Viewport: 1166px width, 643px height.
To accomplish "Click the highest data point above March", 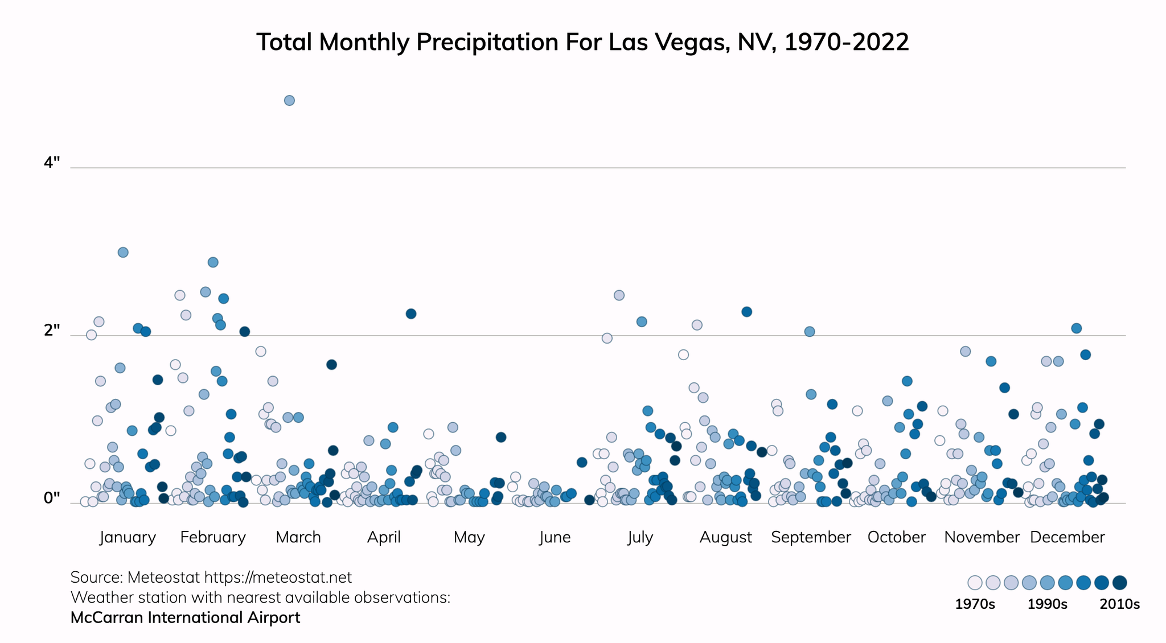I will [x=289, y=101].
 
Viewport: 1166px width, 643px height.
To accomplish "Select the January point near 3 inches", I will [x=123, y=252].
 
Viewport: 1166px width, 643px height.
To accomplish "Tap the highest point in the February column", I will [x=213, y=262].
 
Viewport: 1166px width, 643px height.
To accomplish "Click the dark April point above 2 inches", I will [x=411, y=314].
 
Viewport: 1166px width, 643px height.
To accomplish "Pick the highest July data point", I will [x=619, y=295].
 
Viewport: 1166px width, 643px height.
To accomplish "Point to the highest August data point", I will [x=747, y=312].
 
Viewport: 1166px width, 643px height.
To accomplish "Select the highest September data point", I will [x=810, y=332].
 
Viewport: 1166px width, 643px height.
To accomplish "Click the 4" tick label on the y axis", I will [x=52, y=163].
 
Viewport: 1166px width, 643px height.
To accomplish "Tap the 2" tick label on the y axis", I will [x=52, y=330].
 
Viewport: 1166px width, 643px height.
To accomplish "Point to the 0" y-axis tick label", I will [x=52, y=498].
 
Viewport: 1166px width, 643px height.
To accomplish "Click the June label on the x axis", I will [x=555, y=537].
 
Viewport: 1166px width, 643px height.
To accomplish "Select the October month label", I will [x=897, y=537].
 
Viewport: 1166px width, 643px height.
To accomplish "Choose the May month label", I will [x=469, y=537].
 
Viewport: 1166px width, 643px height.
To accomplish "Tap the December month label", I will [x=1068, y=537].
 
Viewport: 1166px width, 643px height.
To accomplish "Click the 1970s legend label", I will [x=975, y=604].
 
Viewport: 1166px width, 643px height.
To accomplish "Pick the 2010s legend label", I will [x=1119, y=604].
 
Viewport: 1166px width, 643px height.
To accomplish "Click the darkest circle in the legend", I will [x=1120, y=583].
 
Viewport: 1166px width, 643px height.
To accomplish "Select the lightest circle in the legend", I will [x=975, y=583].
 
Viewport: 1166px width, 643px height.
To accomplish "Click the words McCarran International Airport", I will [x=185, y=618].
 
